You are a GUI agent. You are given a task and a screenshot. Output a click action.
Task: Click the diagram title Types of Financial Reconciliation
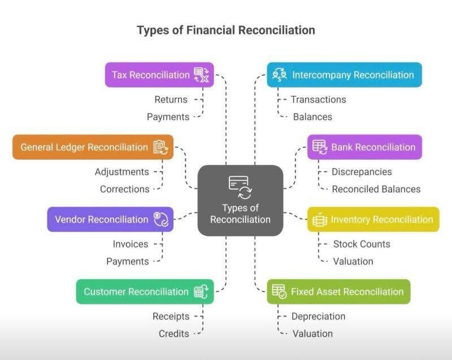tap(226, 29)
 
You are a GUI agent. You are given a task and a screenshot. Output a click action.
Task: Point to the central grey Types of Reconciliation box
tap(240, 200)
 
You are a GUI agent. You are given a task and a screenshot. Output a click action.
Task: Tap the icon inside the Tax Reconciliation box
tap(202, 75)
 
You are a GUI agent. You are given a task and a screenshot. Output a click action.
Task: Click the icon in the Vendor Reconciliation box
tap(161, 219)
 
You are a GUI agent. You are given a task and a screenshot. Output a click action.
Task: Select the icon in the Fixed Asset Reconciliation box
tap(279, 292)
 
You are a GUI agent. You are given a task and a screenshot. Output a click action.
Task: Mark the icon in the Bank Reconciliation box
tap(320, 147)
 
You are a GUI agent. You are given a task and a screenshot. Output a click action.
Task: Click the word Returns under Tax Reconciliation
tap(171, 99)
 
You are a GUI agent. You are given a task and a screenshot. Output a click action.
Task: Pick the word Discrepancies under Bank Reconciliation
tap(362, 172)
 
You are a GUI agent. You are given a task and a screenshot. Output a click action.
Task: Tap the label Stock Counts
tap(362, 244)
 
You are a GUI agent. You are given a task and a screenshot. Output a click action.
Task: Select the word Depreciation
tap(318, 316)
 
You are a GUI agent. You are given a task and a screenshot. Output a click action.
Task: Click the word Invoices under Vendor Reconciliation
tap(131, 244)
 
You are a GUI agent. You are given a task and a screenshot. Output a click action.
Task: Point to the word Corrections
tap(125, 189)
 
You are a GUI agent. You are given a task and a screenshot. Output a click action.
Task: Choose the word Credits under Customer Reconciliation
tap(173, 334)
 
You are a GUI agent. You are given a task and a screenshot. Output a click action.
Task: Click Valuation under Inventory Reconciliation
tap(353, 262)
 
